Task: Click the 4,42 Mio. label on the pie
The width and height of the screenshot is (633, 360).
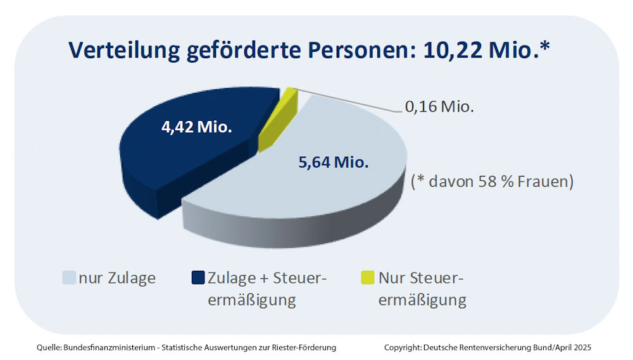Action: coord(197,128)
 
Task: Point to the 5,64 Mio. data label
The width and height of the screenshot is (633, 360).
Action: coord(333,162)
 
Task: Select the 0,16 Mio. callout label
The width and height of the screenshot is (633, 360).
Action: coord(439,107)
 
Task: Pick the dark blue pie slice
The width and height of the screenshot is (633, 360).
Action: coord(190,158)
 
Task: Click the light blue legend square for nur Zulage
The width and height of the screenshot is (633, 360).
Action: coord(69,278)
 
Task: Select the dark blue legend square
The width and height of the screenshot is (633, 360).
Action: coord(197,278)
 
